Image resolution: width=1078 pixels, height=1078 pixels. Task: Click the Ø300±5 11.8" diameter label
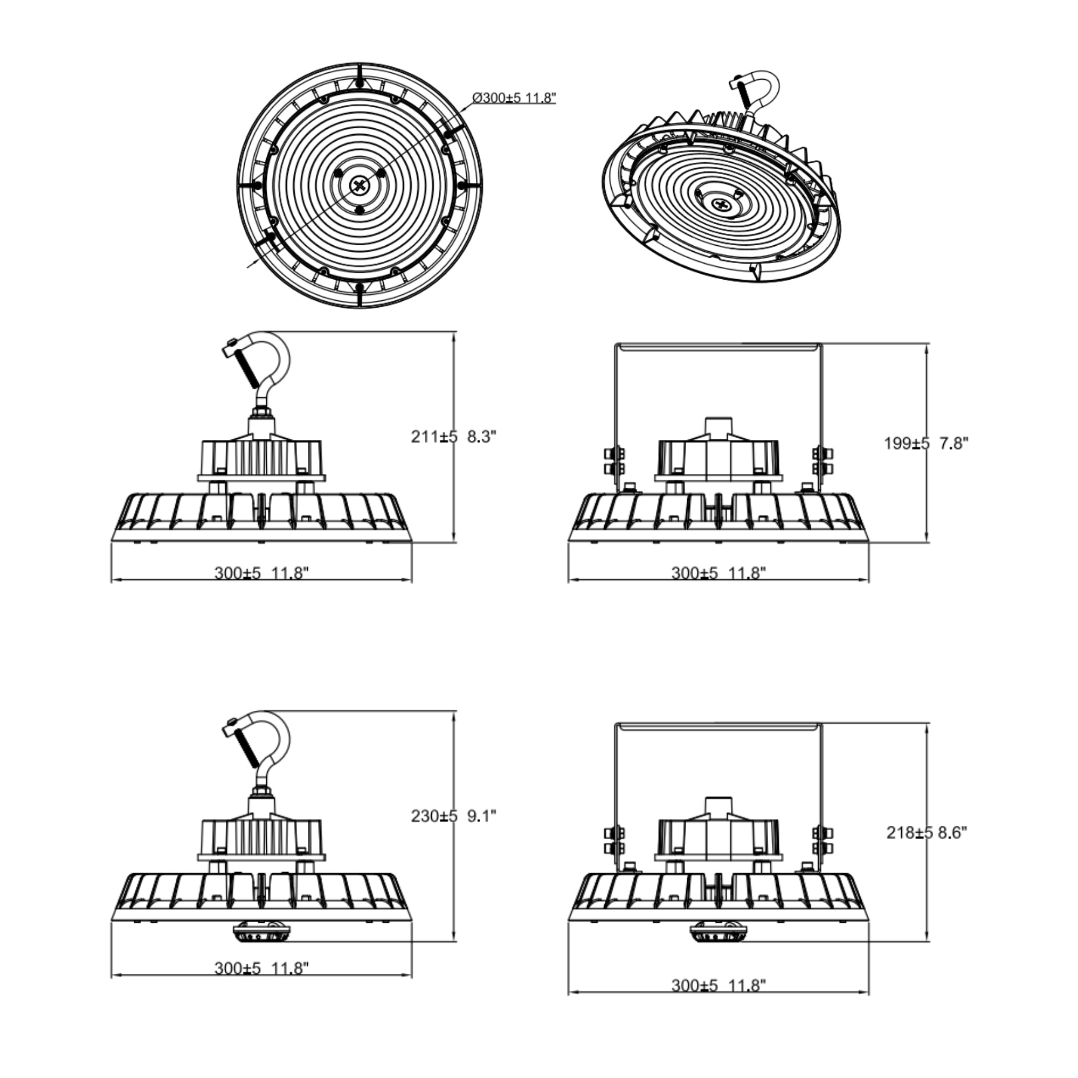[514, 98]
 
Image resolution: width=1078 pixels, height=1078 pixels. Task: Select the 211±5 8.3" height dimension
[453, 437]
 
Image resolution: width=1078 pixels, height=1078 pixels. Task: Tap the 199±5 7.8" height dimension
[926, 443]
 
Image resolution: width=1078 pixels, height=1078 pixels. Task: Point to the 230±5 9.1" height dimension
[453, 816]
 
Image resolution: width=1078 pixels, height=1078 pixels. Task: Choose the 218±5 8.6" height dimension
[926, 833]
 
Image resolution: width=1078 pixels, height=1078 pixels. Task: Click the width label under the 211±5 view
[261, 572]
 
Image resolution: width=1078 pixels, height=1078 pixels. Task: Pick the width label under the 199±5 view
[718, 572]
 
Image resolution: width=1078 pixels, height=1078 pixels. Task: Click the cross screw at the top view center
[360, 185]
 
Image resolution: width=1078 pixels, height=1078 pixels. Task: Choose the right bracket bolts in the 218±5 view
[823, 840]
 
